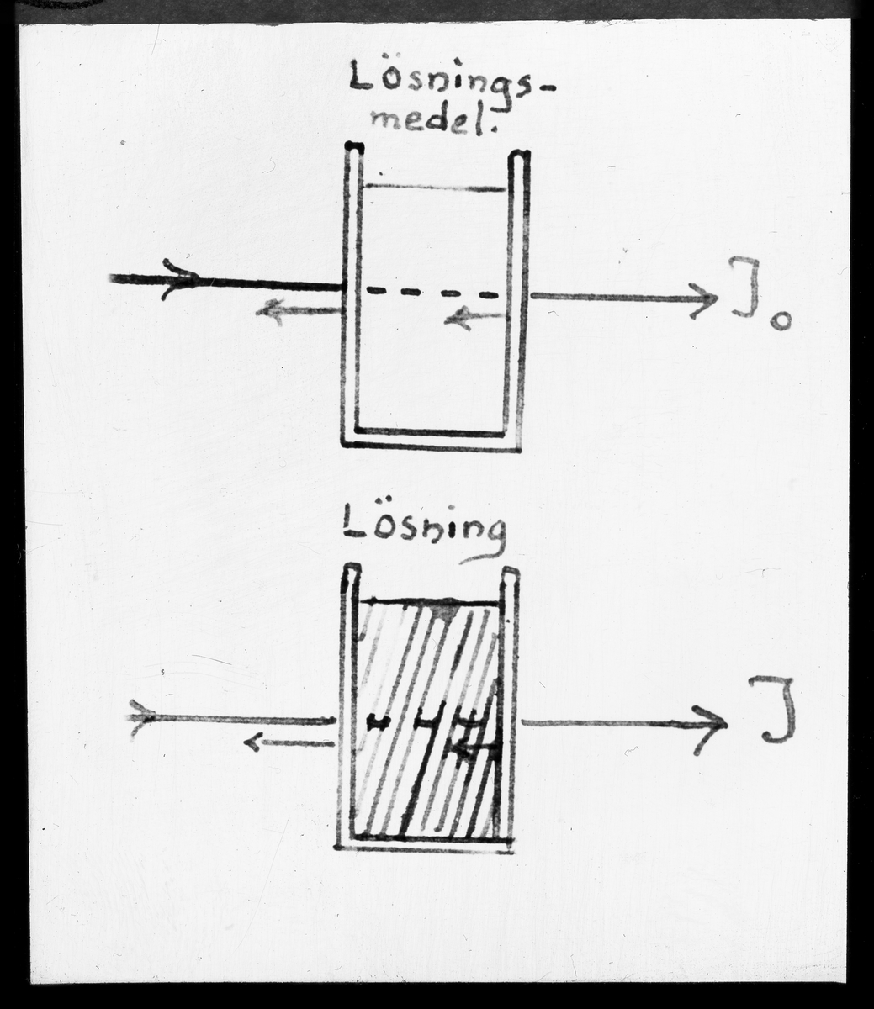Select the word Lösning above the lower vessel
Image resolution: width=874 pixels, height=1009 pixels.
(426, 531)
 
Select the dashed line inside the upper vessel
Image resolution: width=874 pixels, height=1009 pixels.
(432, 293)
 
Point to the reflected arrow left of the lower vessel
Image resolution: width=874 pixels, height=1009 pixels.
(286, 742)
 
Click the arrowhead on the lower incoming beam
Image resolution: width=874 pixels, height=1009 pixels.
(143, 718)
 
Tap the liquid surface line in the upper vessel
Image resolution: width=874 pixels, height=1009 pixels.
(434, 187)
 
